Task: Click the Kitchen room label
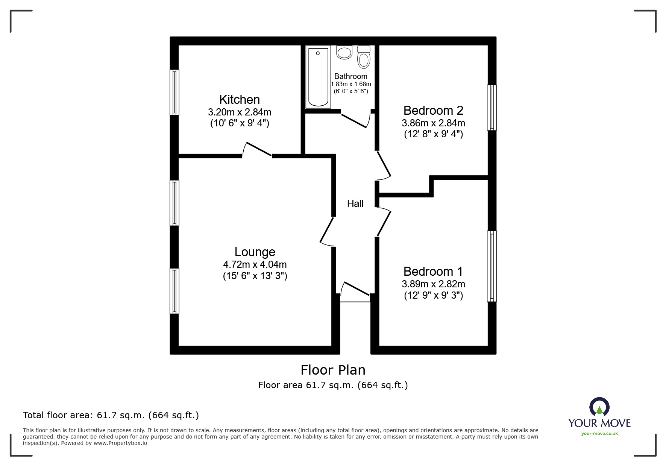tap(240, 100)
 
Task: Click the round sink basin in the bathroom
tap(344, 52)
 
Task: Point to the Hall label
tap(355, 203)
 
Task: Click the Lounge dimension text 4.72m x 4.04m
tap(255, 264)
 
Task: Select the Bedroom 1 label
tap(433, 271)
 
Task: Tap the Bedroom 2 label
tap(433, 111)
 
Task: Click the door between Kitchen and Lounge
tap(258, 149)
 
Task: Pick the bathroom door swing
tap(355, 120)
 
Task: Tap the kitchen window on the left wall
tap(174, 92)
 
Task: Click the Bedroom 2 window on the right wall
tap(492, 108)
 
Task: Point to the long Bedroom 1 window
tap(492, 266)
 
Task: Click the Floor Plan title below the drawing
tap(333, 370)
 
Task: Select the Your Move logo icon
tap(599, 407)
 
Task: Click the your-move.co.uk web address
tap(599, 434)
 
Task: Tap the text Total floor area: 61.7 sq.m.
tap(111, 415)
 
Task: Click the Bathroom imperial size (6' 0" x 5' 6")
tap(350, 91)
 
